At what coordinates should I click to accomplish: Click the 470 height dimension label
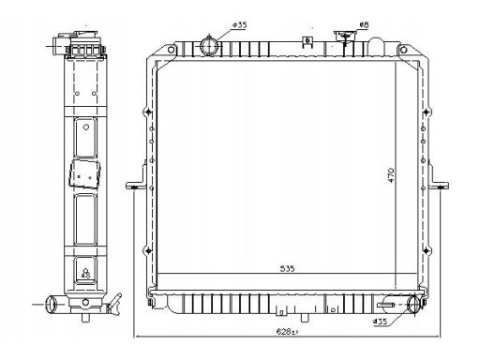point(391,175)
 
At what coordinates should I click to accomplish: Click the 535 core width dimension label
point(287,268)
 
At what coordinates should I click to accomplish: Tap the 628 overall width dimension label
point(287,332)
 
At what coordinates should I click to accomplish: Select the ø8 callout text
point(365,24)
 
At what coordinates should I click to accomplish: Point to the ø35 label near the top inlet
point(240,25)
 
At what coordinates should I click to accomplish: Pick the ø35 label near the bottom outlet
point(380,321)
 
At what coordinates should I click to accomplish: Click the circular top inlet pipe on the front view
point(208,45)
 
